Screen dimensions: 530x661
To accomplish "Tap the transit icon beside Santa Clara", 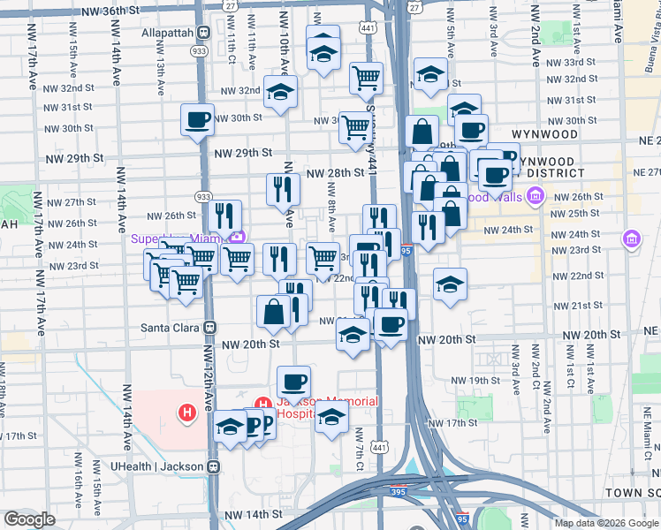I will tap(209, 326).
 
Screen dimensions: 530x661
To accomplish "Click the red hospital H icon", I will tap(186, 412).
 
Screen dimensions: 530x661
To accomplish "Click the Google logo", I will tap(30, 519).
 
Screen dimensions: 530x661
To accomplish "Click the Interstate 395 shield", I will tap(463, 519).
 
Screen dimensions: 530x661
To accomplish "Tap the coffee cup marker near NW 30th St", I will tap(197, 119).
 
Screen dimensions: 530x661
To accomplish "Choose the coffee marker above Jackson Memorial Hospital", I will tap(293, 382).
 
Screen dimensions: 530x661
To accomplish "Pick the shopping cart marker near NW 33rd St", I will tap(365, 77).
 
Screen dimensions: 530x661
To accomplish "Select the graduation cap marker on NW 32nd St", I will tap(281, 92).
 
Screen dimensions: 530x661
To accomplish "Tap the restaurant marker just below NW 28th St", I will tap(283, 189).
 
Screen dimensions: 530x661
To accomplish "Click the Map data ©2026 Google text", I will tap(605, 523).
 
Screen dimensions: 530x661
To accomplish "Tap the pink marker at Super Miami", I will tap(237, 237).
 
